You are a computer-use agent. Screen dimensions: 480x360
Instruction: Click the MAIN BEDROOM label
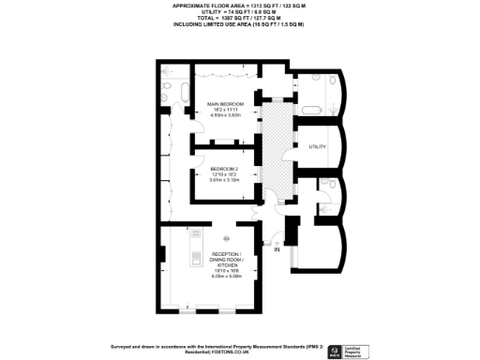click(224, 102)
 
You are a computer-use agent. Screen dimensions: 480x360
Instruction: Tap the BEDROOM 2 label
click(224, 168)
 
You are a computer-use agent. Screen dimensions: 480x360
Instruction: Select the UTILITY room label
click(317, 147)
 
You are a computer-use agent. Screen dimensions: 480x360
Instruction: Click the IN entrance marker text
click(277, 250)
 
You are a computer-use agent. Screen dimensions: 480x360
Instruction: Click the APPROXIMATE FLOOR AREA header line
click(239, 6)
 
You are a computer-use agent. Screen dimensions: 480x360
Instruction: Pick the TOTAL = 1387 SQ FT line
click(239, 18)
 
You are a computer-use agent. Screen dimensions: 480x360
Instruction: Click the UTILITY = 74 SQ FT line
click(239, 11)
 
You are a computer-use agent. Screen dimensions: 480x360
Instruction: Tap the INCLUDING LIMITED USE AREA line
click(239, 24)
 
